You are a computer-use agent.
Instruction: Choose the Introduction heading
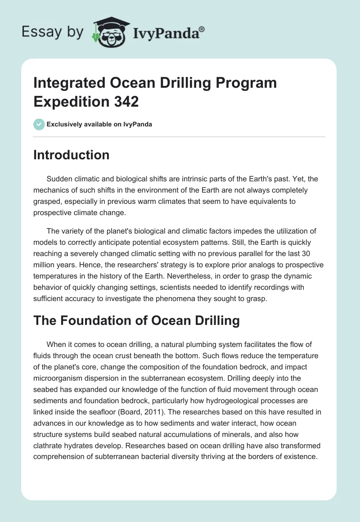72,155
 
